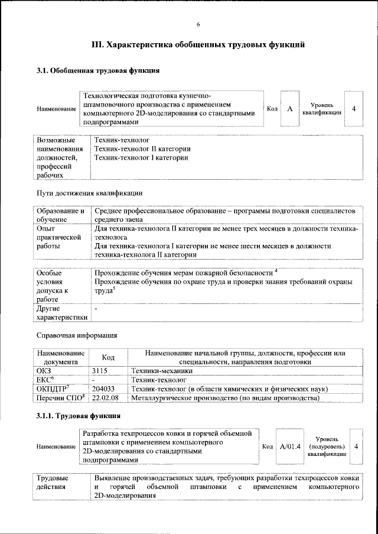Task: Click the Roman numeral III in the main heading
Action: (97, 44)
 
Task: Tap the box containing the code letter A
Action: (289, 109)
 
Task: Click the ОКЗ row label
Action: (45, 370)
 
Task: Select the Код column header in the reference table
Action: (108, 357)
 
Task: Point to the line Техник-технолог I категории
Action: (141, 158)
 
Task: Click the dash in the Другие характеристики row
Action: (96, 309)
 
